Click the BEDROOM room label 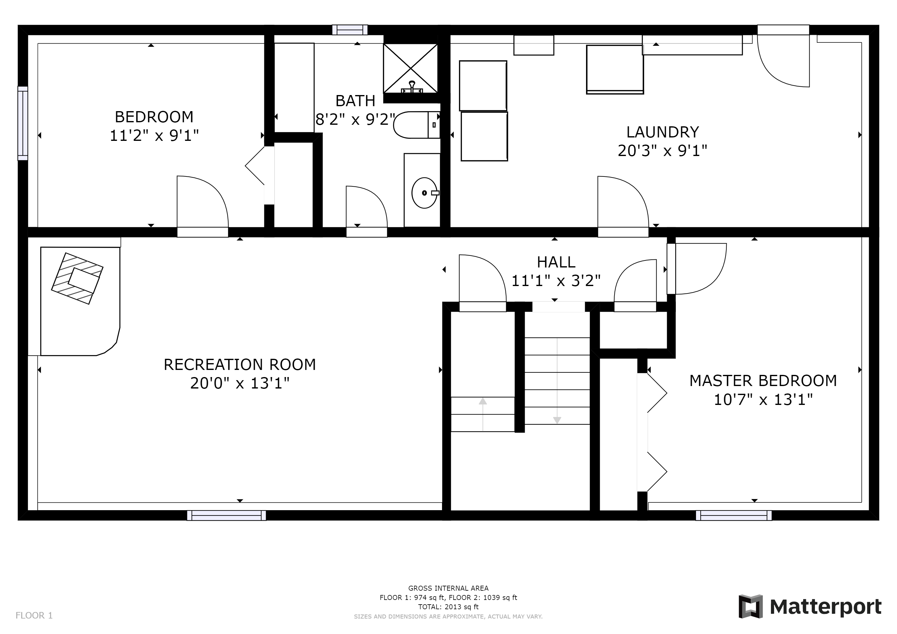[x=154, y=117]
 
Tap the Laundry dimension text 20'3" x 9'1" [x=662, y=150]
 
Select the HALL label [x=556, y=262]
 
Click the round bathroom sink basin [x=424, y=193]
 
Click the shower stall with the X [x=411, y=68]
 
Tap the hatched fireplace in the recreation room [x=77, y=278]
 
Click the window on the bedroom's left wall [x=23, y=124]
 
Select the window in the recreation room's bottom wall [x=227, y=515]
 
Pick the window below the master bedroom [x=734, y=515]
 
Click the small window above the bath [x=350, y=30]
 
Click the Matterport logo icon [x=750, y=606]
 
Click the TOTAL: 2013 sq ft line [x=448, y=607]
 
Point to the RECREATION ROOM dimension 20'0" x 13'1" [x=240, y=383]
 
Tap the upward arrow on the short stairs [x=483, y=414]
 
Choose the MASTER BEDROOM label [x=763, y=381]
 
